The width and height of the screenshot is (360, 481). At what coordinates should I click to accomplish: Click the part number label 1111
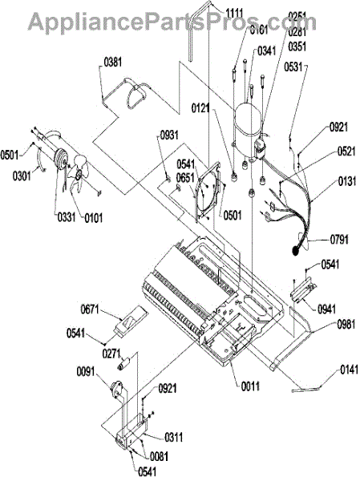click(234, 13)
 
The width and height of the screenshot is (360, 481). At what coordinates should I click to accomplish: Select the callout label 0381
click(113, 63)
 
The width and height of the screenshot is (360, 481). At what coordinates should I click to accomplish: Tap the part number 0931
click(169, 135)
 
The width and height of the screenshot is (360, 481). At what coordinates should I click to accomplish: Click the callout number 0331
click(67, 217)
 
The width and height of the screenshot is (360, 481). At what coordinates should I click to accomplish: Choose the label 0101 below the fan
click(94, 218)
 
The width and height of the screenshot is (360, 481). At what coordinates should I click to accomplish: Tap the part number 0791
click(339, 239)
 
